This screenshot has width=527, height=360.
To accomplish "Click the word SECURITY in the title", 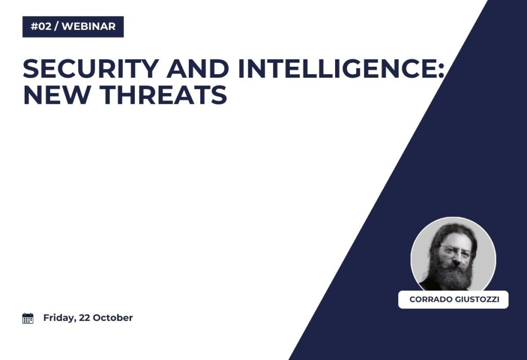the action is (91, 68).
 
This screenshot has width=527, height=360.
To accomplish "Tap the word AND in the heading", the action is (198, 68).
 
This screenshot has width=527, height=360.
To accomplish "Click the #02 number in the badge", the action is (41, 27).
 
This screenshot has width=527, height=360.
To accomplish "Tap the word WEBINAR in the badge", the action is (89, 27).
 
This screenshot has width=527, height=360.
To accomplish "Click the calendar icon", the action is (28, 318).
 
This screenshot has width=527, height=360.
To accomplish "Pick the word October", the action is (113, 318).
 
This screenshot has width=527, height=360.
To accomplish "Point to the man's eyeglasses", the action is (456, 250).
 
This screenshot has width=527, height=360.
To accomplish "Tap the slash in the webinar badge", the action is (56, 27).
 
